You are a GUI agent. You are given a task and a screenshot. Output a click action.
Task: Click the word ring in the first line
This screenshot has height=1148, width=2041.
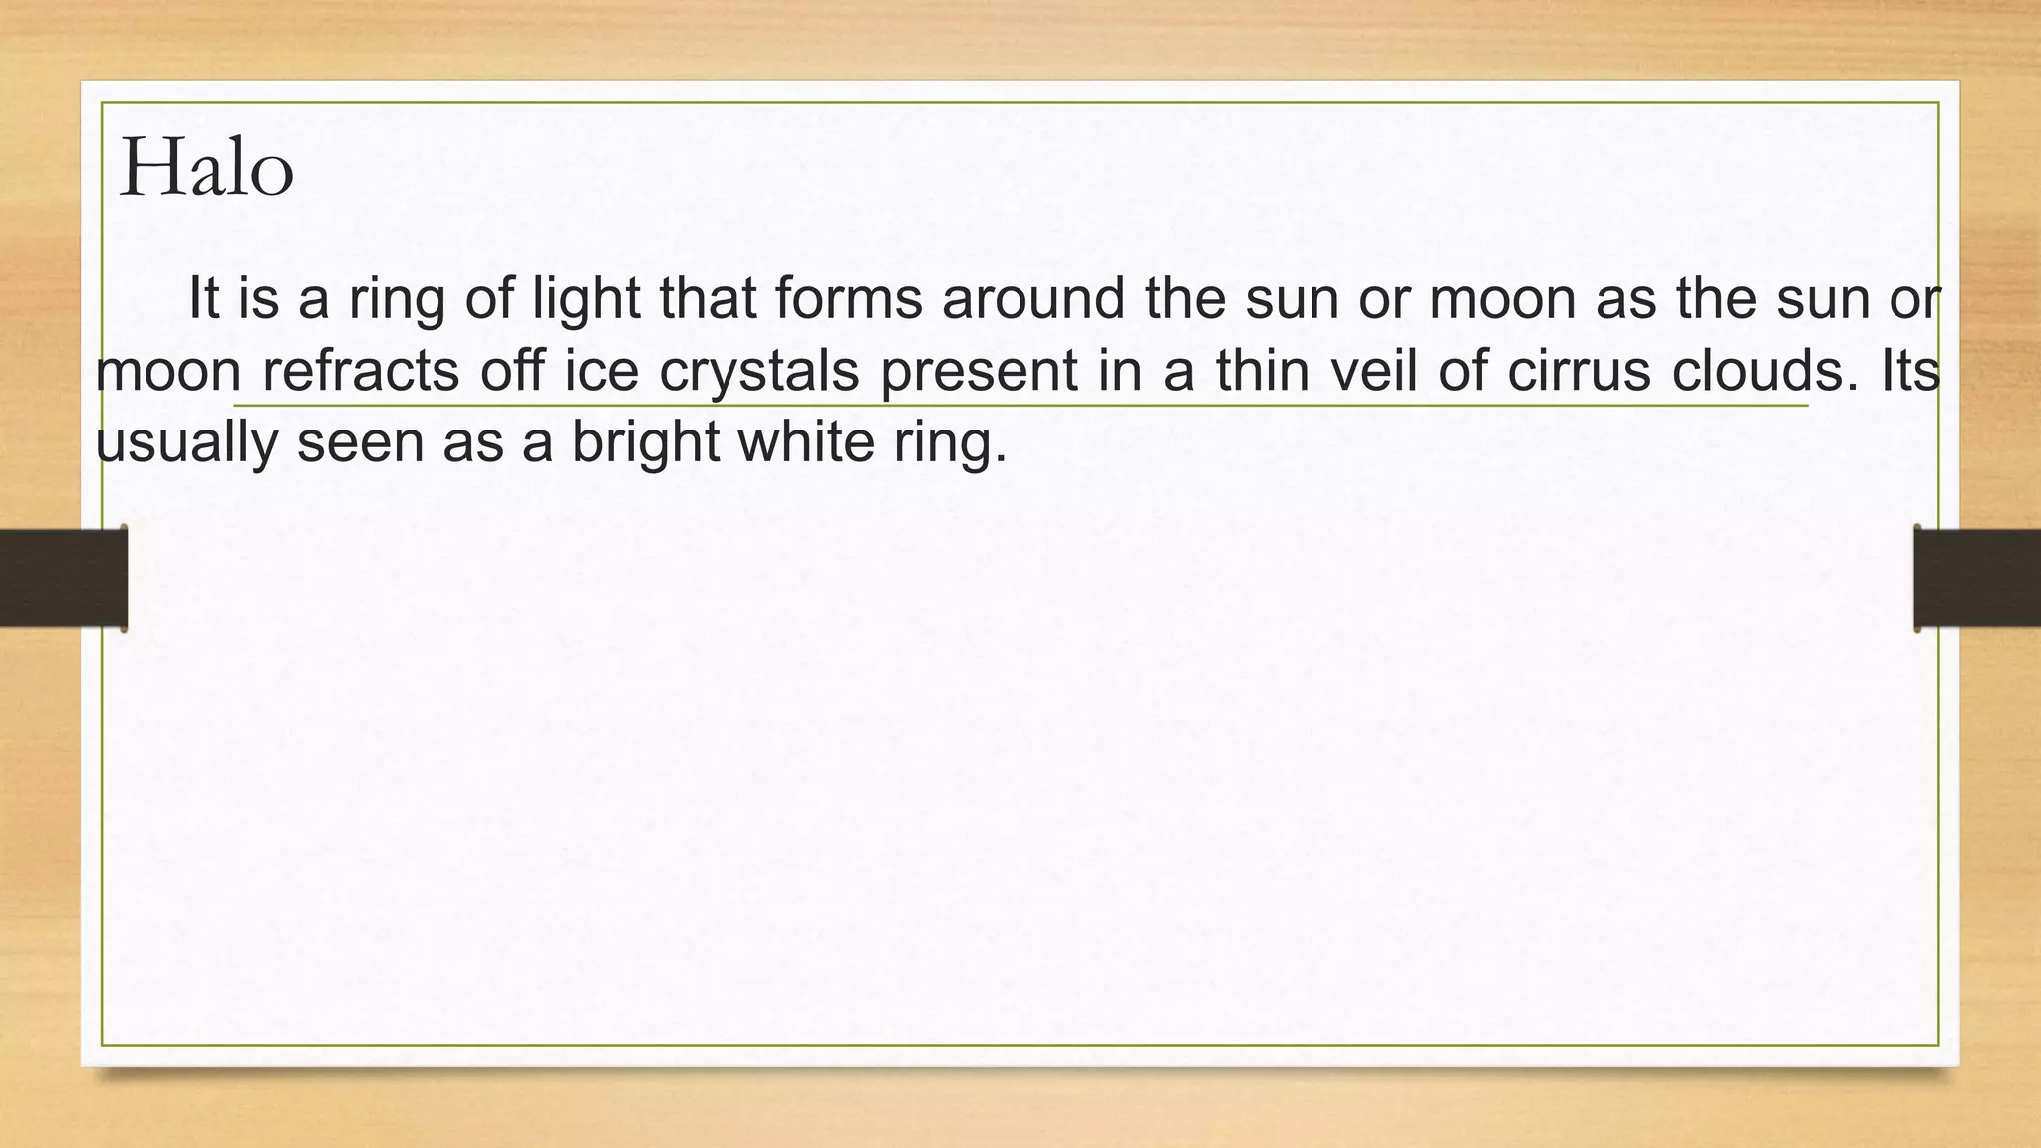(396, 300)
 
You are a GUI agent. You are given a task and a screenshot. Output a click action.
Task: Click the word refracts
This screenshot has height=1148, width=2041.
(360, 371)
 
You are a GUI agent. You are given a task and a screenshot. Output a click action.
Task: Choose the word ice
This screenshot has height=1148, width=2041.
(601, 371)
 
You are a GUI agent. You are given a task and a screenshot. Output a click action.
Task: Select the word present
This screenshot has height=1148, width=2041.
(979, 373)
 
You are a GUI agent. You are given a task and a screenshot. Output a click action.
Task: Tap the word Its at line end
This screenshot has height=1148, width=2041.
(1910, 371)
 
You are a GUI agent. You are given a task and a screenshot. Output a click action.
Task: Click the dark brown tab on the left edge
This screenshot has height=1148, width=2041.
(63, 578)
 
